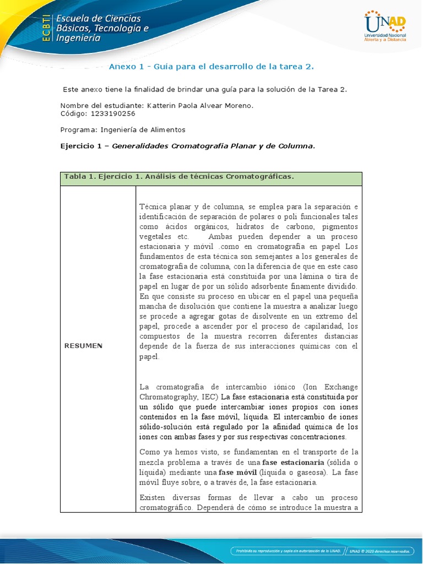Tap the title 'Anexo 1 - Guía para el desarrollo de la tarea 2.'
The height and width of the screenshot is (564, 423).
(x=211, y=67)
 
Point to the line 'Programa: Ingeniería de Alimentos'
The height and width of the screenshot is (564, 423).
(x=123, y=130)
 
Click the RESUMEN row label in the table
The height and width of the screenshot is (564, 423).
(x=83, y=346)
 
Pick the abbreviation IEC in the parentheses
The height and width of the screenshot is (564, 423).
(x=210, y=397)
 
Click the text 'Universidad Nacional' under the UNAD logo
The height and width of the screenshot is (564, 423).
(x=385, y=35)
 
